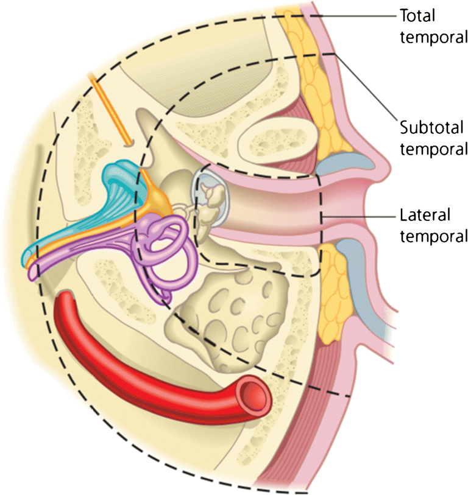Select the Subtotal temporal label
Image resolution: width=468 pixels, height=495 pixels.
433,138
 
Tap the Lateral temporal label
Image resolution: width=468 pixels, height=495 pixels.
433,225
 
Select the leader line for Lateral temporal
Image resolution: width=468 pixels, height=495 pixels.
360,216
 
